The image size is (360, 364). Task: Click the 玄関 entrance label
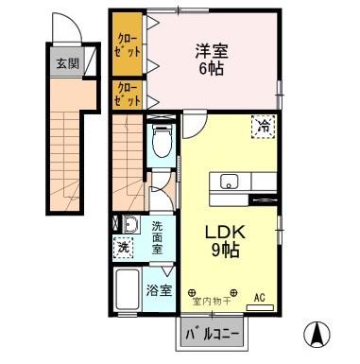67,64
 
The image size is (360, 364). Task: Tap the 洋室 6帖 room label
212,60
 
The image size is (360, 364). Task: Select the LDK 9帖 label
225,241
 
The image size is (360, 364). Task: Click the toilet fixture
163,141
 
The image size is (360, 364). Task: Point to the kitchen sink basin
229,182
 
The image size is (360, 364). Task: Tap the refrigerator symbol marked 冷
264,127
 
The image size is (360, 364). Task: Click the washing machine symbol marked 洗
123,248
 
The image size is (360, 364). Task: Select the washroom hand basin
130,224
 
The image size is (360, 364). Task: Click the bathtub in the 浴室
128,289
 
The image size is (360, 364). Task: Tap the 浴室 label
159,290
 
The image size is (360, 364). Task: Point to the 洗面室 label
157,237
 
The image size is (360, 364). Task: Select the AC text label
260,297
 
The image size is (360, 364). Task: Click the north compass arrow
317,335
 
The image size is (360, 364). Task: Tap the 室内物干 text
212,302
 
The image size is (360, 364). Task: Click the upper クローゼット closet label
128,45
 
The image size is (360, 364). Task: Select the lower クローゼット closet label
128,95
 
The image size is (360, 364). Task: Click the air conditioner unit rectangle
260,308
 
